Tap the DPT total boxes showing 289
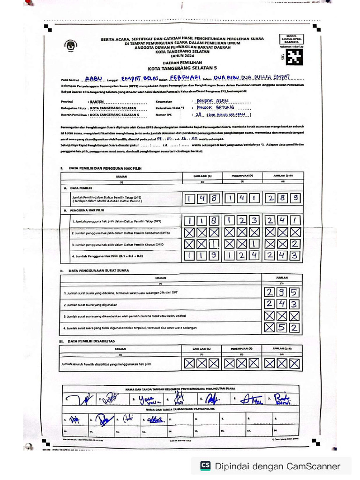283,199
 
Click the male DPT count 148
202,199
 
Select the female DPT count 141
242,199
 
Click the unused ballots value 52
282,327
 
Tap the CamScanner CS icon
205,465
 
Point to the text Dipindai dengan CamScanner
277,466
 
